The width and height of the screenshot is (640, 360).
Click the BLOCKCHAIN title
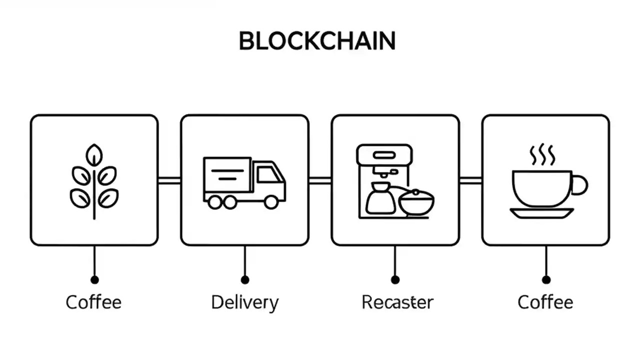point(317,41)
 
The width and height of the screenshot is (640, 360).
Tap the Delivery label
point(244,302)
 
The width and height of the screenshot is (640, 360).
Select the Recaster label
point(397,302)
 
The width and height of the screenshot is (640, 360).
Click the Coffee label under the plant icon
point(93,302)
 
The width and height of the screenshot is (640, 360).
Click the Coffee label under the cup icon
point(545,302)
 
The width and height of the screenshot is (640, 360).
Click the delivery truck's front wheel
point(271,202)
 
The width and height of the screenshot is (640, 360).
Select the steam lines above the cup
point(542,155)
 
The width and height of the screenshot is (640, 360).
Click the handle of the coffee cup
point(580,184)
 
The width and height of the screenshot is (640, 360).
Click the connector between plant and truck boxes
point(169,180)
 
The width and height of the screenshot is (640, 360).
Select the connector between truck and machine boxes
point(320,180)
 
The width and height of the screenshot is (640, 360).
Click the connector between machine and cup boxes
point(470,180)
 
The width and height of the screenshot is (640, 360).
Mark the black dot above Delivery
point(244,279)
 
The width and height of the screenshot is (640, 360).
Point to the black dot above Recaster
point(395,279)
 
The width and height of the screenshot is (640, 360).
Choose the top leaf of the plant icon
point(93,155)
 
